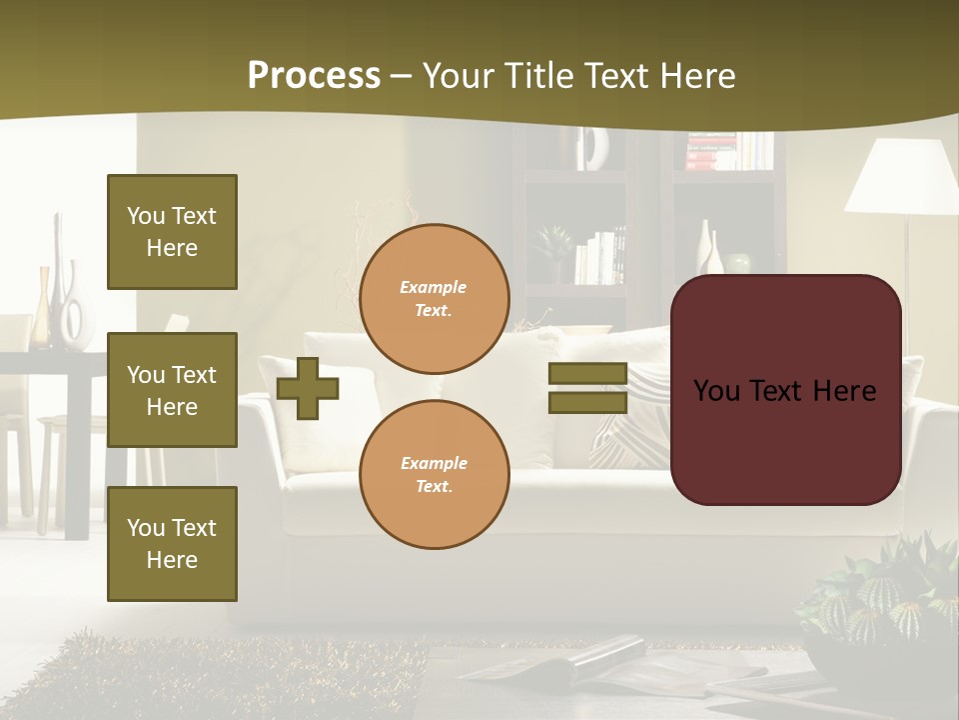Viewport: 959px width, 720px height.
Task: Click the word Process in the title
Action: coord(314,76)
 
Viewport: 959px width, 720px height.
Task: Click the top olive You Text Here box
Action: coord(172,232)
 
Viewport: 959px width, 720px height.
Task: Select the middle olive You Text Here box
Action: coord(172,390)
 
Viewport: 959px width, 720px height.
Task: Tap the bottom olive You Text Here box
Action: coord(172,544)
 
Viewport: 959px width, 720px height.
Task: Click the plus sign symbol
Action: coord(308,388)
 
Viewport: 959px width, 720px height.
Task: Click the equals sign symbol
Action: coord(587,388)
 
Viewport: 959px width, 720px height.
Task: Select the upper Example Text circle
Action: coord(434,299)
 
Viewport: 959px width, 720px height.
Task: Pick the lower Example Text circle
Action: coord(434,475)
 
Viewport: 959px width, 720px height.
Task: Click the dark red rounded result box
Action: coord(785,390)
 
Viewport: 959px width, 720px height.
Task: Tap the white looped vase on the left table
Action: coord(72,310)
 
